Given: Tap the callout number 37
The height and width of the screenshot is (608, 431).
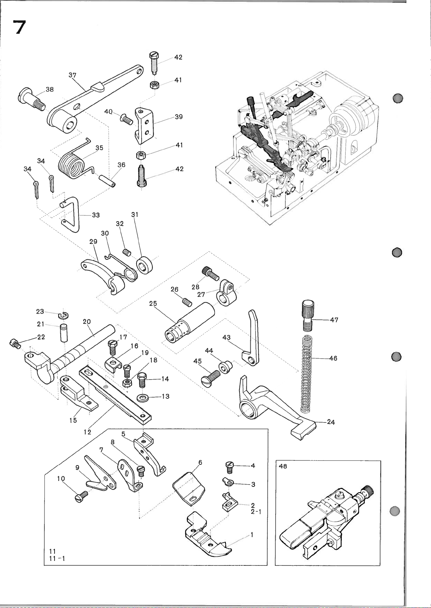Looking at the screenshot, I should coord(72,75).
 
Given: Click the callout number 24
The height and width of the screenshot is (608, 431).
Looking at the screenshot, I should coord(331,422).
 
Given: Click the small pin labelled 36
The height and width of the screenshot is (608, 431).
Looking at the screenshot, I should coord(108,179).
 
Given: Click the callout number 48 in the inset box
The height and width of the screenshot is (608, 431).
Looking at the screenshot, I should coord(283,466).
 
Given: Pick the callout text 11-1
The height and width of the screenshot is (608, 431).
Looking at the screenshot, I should coord(57,559).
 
